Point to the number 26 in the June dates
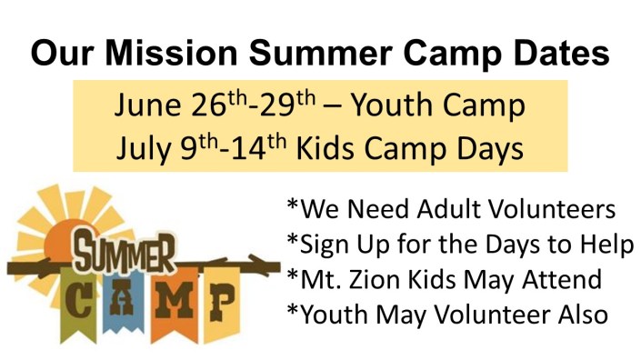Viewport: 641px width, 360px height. click(x=208, y=106)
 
